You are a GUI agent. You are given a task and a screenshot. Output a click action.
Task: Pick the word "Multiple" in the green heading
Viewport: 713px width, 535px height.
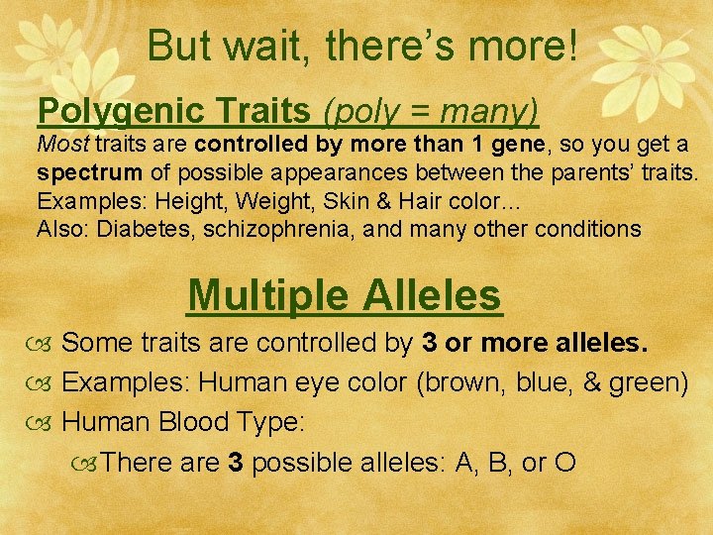click(268, 294)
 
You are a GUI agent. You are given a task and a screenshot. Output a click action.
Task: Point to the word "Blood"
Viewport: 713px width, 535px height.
click(193, 422)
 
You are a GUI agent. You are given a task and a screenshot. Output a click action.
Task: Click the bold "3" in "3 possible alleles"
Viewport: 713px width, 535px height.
click(235, 462)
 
